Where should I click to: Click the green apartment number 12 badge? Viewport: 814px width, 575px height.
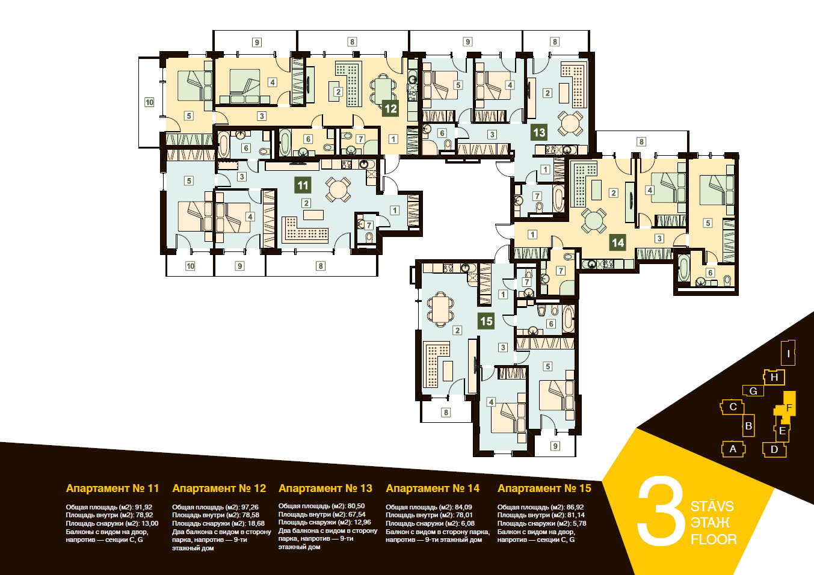(x=390, y=108)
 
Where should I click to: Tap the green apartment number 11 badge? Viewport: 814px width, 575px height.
(x=303, y=185)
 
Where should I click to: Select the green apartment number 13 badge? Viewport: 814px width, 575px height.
(x=539, y=132)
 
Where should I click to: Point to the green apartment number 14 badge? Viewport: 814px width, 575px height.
(x=618, y=242)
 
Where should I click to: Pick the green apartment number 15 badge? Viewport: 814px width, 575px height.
(x=486, y=321)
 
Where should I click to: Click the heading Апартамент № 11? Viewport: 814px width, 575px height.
(x=113, y=488)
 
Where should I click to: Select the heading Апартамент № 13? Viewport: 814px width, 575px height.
(x=325, y=488)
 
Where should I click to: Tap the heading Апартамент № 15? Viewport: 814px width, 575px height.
(x=544, y=488)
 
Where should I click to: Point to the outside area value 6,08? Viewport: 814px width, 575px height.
(x=467, y=523)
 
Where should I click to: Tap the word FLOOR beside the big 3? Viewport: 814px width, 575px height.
(x=714, y=540)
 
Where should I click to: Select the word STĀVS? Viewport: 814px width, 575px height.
(x=712, y=505)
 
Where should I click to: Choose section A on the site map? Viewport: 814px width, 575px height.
(x=733, y=449)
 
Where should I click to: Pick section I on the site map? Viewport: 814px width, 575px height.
(x=788, y=353)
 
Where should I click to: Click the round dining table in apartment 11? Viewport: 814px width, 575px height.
(x=338, y=189)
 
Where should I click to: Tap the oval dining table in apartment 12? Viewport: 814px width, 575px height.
(x=383, y=89)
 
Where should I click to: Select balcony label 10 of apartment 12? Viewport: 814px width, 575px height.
(x=149, y=102)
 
